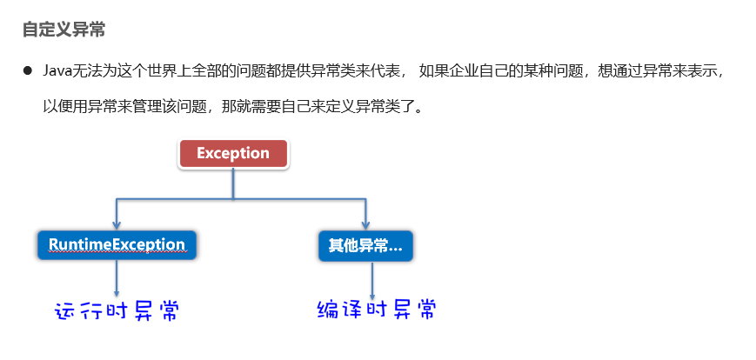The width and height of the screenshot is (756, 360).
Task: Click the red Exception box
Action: [233, 154]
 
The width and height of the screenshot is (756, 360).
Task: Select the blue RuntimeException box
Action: [117, 245]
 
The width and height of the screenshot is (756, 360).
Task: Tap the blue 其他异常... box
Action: [365, 246]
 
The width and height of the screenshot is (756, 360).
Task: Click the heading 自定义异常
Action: [64, 29]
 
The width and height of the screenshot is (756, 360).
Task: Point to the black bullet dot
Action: [28, 70]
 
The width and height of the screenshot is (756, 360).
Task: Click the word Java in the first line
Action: [57, 70]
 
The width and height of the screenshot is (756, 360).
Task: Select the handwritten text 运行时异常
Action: [117, 311]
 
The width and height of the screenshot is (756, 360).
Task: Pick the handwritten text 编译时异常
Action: [375, 310]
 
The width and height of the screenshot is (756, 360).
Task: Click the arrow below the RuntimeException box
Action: [117, 280]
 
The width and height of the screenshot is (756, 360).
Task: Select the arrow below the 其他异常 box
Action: [372, 280]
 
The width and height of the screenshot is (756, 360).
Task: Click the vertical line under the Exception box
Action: [233, 184]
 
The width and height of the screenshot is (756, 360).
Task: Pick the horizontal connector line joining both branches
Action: [239, 201]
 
